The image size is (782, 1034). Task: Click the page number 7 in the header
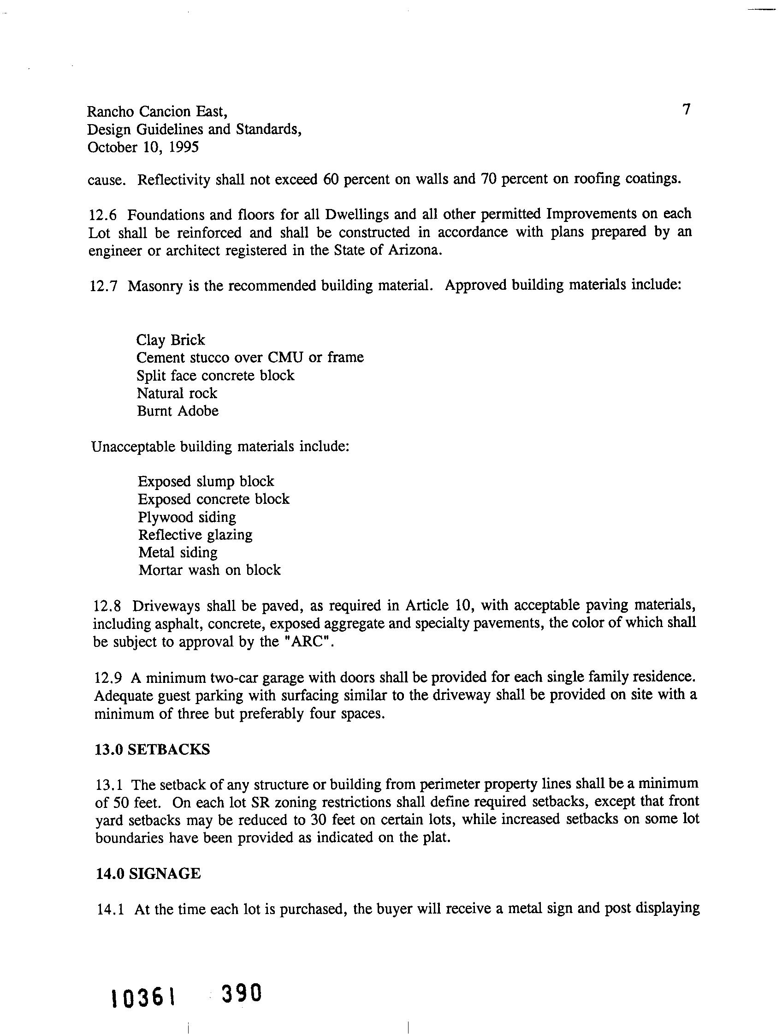[686, 109]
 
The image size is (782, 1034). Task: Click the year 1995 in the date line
[183, 147]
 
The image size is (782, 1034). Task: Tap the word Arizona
[414, 251]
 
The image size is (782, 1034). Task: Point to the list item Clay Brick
[171, 340]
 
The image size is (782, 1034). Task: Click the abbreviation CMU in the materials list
[285, 358]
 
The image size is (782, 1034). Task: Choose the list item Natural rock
[177, 393]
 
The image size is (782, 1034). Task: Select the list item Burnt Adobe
[178, 411]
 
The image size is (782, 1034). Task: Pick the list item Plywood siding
[187, 517]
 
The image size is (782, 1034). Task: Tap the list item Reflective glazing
[195, 535]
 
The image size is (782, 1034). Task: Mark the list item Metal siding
[178, 552]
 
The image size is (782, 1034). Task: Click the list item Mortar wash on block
[210, 570]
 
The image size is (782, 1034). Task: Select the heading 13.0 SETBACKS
[152, 750]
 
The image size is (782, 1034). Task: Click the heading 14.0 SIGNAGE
[148, 874]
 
